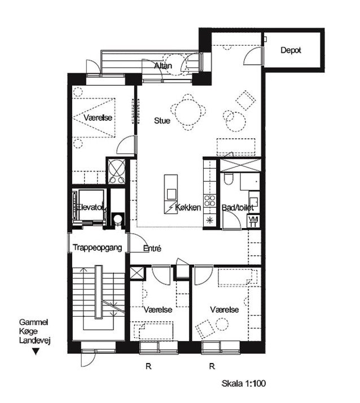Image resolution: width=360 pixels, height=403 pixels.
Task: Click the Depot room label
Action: tap(291, 50)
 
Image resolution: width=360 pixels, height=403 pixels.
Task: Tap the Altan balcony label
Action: tap(163, 66)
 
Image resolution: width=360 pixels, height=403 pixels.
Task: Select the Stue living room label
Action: tap(162, 121)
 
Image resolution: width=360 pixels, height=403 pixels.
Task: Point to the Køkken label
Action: tap(188, 207)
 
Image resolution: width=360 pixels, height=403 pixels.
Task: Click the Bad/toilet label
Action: tap(238, 208)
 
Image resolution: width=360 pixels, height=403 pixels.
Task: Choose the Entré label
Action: tap(152, 248)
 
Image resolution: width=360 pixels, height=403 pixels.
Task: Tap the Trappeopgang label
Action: tap(98, 248)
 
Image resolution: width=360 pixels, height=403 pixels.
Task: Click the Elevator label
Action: tap(91, 207)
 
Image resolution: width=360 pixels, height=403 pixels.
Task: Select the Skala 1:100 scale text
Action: tap(244, 384)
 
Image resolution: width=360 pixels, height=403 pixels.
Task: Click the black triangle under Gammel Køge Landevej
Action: tap(36, 352)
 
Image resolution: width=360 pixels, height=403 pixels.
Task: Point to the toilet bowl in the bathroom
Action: tap(228, 179)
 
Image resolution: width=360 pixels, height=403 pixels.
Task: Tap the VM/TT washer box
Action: tap(253, 222)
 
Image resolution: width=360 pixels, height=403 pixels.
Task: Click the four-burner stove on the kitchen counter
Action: tap(210, 200)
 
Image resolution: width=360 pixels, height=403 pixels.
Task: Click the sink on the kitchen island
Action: tap(172, 194)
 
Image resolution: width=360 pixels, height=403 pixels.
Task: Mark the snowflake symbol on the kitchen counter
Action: tap(210, 220)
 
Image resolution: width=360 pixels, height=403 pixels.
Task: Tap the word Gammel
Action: tap(33, 322)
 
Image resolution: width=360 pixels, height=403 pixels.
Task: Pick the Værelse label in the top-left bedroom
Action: tap(98, 118)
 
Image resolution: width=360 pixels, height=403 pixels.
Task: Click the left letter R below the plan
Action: tap(148, 366)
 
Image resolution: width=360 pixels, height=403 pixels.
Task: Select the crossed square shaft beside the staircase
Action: tap(137, 273)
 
